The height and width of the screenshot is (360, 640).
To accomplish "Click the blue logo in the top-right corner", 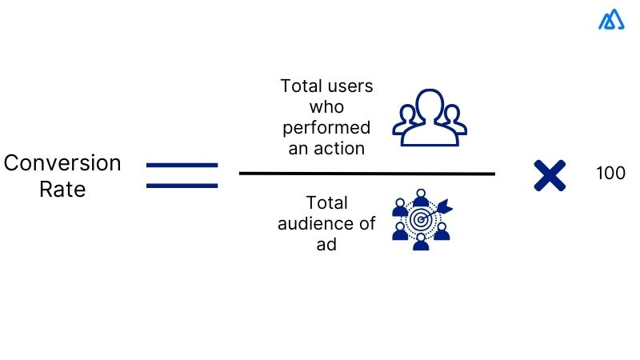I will pyautogui.click(x=611, y=19).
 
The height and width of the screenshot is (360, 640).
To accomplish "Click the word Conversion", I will pyautogui.click(x=62, y=163).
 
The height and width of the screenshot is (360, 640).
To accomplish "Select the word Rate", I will pyautogui.click(x=62, y=190).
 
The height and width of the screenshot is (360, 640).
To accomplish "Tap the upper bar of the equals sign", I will pyautogui.click(x=182, y=165).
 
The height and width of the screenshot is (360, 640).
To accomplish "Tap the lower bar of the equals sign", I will pyautogui.click(x=182, y=186).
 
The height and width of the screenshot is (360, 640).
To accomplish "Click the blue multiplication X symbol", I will pyautogui.click(x=550, y=175).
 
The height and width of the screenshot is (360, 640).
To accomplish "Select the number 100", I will pyautogui.click(x=610, y=173).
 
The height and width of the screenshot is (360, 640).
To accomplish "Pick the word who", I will pyautogui.click(x=326, y=107).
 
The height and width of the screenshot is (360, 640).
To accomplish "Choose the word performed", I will pyautogui.click(x=326, y=127).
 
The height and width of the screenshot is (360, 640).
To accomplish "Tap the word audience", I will pyautogui.click(x=326, y=224).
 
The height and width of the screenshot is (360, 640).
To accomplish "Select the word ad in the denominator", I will pyautogui.click(x=326, y=245).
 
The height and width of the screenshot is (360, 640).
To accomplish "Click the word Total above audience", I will pyautogui.click(x=326, y=203).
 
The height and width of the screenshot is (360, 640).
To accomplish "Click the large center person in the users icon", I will pyautogui.click(x=429, y=116).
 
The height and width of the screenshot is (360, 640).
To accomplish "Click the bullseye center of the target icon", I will pyautogui.click(x=420, y=219).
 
